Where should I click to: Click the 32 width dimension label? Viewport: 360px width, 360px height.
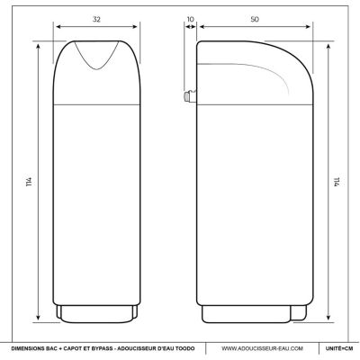(x=96, y=19)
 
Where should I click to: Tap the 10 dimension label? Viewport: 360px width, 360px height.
(x=191, y=19)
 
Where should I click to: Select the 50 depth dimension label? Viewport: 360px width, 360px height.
(x=255, y=19)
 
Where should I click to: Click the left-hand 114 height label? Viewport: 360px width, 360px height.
(x=29, y=182)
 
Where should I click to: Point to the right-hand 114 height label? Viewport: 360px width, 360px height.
(x=337, y=182)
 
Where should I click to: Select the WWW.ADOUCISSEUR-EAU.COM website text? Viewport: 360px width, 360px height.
(x=262, y=348)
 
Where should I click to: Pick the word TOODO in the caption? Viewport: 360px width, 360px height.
(x=186, y=348)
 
